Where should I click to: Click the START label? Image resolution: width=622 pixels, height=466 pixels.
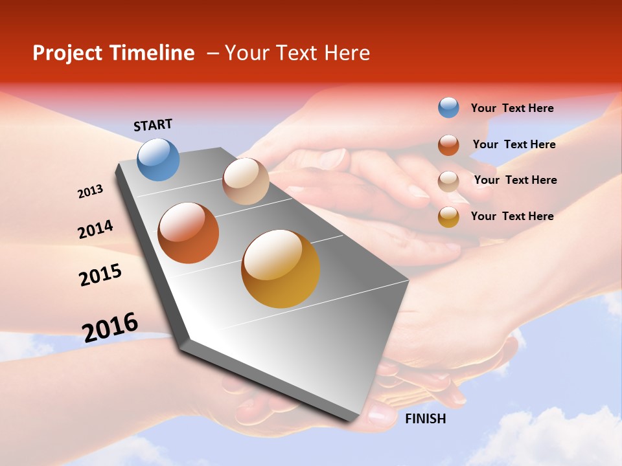(153, 125)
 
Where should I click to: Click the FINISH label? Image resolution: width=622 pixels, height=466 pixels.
(425, 419)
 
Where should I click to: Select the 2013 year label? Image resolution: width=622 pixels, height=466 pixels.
(90, 192)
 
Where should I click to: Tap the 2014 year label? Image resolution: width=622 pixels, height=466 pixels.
(95, 229)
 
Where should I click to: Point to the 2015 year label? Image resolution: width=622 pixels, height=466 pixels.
(100, 275)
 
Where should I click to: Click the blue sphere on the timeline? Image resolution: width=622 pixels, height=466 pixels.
(159, 159)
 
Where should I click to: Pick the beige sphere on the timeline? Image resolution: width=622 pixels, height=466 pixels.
(246, 181)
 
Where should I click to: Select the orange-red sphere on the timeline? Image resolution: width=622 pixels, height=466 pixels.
(189, 233)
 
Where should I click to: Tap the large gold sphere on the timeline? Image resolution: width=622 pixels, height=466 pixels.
(281, 269)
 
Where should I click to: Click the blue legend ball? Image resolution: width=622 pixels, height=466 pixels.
(448, 108)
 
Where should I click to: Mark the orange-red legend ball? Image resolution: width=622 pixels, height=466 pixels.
(448, 145)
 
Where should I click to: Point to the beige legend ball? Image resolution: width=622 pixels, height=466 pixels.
(448, 181)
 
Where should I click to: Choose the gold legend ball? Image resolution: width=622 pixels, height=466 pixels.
(448, 217)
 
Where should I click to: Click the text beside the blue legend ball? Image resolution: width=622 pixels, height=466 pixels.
(512, 109)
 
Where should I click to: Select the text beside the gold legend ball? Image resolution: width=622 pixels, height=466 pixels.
(512, 216)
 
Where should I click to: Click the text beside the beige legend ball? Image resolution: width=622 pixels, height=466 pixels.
(515, 180)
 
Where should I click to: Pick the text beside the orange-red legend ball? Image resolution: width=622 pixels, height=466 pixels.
(514, 144)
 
